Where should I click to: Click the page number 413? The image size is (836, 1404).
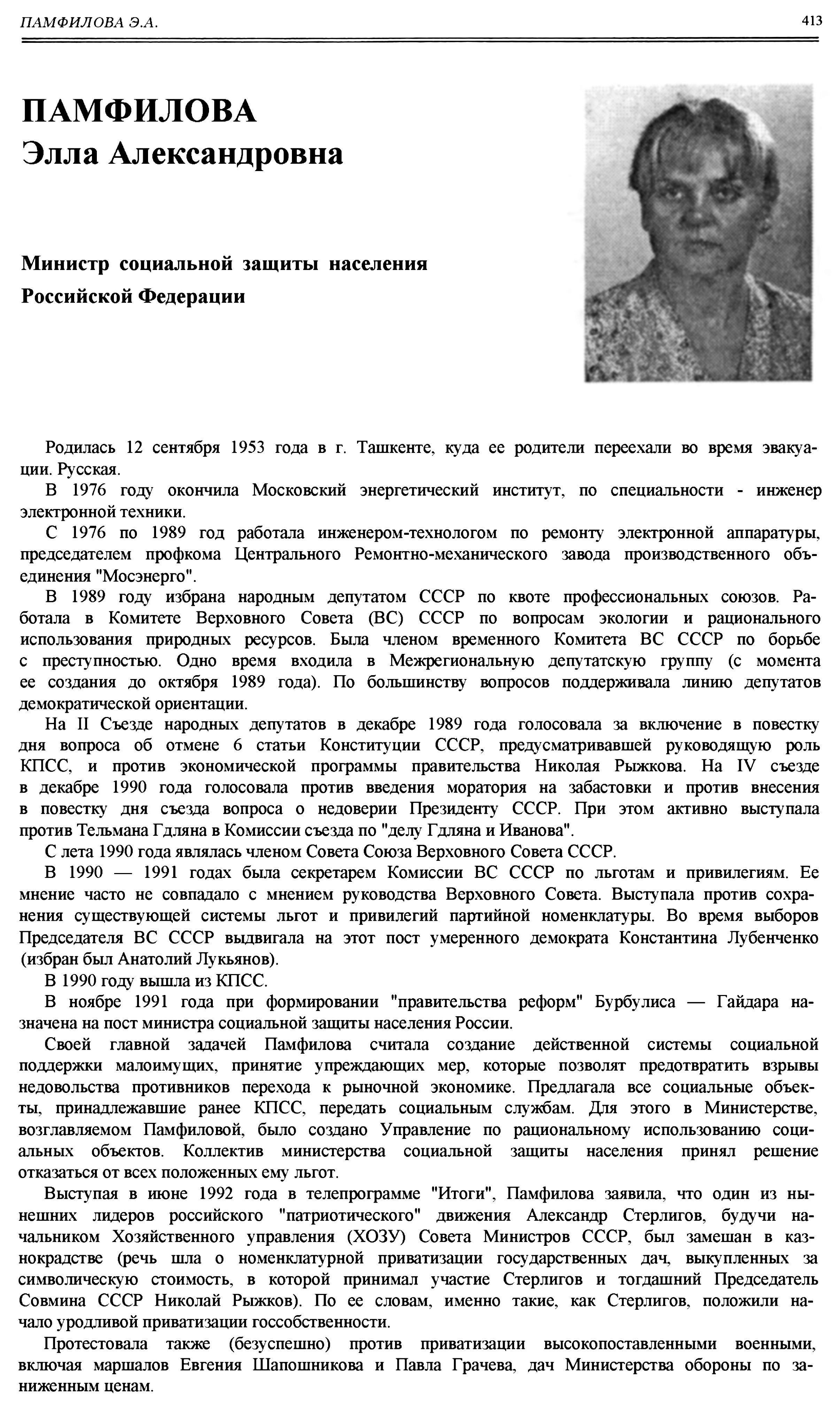point(812,21)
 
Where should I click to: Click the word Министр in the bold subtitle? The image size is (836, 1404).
point(65,264)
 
